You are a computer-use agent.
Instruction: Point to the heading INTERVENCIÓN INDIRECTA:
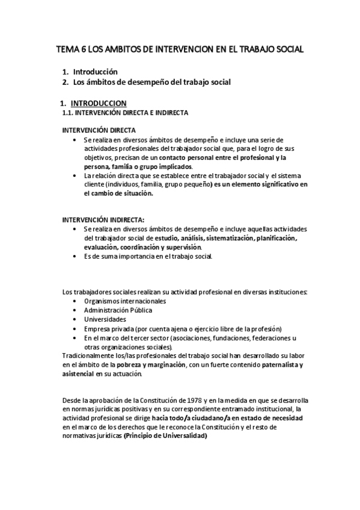103,220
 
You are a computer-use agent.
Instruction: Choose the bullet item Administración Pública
118,310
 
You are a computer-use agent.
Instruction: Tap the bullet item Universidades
105,319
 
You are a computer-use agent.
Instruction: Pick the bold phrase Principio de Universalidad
165,436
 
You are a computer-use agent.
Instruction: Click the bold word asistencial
78,373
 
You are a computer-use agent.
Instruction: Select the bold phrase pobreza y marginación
152,364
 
